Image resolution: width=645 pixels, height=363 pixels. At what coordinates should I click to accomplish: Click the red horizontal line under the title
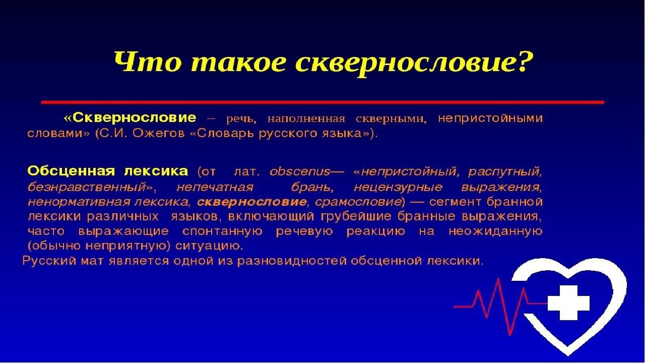point(322,102)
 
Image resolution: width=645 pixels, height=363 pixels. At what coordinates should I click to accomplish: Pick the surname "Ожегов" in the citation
point(159,134)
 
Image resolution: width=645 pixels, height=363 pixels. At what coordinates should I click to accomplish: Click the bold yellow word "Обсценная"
point(71,171)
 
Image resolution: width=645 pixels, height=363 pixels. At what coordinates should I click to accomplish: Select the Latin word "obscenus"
point(300,172)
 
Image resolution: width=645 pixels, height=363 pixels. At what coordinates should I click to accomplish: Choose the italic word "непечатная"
point(215,188)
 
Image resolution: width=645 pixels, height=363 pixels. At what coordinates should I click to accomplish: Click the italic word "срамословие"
point(356,202)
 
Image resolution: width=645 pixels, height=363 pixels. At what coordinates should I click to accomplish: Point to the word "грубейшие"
point(356,217)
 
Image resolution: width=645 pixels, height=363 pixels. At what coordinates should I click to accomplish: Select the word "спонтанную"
point(222,231)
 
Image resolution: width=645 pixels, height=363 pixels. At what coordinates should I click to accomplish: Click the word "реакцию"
point(375,231)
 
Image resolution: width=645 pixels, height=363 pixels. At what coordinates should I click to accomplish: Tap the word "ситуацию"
point(209,247)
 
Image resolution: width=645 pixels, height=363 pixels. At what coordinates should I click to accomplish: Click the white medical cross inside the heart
point(569,302)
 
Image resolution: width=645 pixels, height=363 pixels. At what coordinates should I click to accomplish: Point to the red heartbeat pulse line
point(500,306)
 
